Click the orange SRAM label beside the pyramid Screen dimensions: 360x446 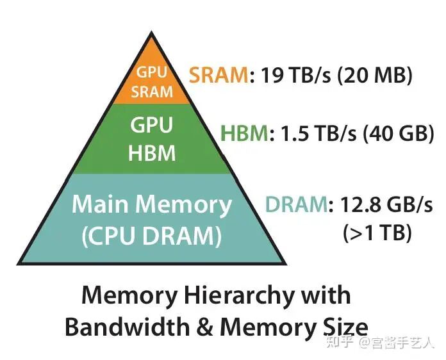point(219,77)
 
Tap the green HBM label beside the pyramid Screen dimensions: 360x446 point(244,134)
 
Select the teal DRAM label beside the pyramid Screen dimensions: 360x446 point(295,206)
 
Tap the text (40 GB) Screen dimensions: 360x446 point(392,134)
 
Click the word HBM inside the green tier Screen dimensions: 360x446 point(152,154)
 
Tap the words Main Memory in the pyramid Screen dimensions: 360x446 point(151,205)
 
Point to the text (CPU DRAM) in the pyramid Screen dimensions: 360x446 point(151,236)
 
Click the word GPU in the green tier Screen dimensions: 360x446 point(152,126)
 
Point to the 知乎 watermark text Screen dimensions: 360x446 point(340,342)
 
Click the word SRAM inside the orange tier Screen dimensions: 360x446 point(153,92)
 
